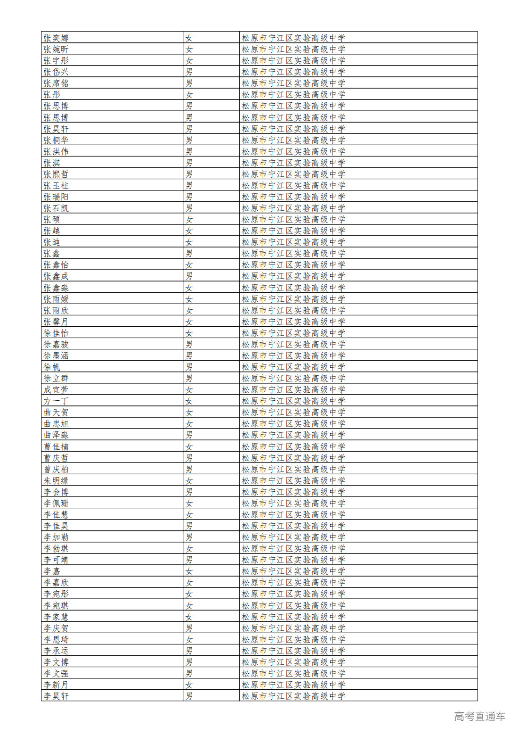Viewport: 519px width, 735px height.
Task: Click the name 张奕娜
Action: (x=56, y=38)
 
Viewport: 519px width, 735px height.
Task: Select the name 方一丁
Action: (x=56, y=401)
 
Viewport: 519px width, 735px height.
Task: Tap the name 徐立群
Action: (x=56, y=378)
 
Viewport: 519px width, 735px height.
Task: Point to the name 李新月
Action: (x=56, y=685)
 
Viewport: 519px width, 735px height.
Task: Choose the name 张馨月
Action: (x=56, y=322)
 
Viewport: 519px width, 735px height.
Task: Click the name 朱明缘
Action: (x=56, y=480)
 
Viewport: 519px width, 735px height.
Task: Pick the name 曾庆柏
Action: (x=56, y=469)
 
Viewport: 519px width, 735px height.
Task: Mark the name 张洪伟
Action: (x=56, y=151)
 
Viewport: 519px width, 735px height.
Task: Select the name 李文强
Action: (x=56, y=673)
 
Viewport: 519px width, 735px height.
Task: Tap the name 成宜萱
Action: (x=56, y=389)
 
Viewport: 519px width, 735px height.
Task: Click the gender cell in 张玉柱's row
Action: (x=189, y=185)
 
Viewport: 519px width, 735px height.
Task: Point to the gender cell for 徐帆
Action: (x=189, y=367)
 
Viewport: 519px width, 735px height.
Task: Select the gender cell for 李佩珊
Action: (x=189, y=503)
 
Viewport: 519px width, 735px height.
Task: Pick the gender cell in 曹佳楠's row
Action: (x=189, y=446)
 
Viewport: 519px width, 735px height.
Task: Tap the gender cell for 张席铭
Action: (x=189, y=83)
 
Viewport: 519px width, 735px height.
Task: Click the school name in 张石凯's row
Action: (x=293, y=208)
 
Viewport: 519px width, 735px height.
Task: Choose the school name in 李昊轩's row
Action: (x=293, y=696)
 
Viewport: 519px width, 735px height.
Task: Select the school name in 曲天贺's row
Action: (x=293, y=412)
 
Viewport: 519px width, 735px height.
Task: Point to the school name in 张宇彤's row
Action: (x=293, y=60)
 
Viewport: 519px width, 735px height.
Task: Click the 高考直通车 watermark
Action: (x=479, y=716)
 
